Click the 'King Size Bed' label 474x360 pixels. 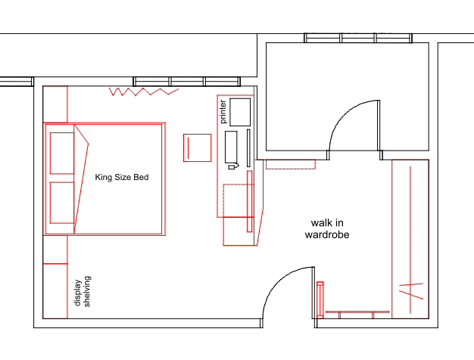click(121, 178)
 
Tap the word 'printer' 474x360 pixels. click(223, 112)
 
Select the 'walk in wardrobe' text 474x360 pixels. click(326, 229)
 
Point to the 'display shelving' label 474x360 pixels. click(82, 290)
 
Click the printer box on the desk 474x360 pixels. click(240, 112)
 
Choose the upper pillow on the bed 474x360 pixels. click(61, 151)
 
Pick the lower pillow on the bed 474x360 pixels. click(61, 202)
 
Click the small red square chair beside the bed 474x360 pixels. click(197, 147)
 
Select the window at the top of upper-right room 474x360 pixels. click(358, 38)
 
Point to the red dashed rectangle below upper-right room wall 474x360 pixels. click(291, 165)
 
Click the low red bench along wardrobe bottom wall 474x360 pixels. click(357, 312)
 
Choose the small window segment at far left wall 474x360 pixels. click(16, 82)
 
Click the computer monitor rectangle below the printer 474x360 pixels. click(231, 148)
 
